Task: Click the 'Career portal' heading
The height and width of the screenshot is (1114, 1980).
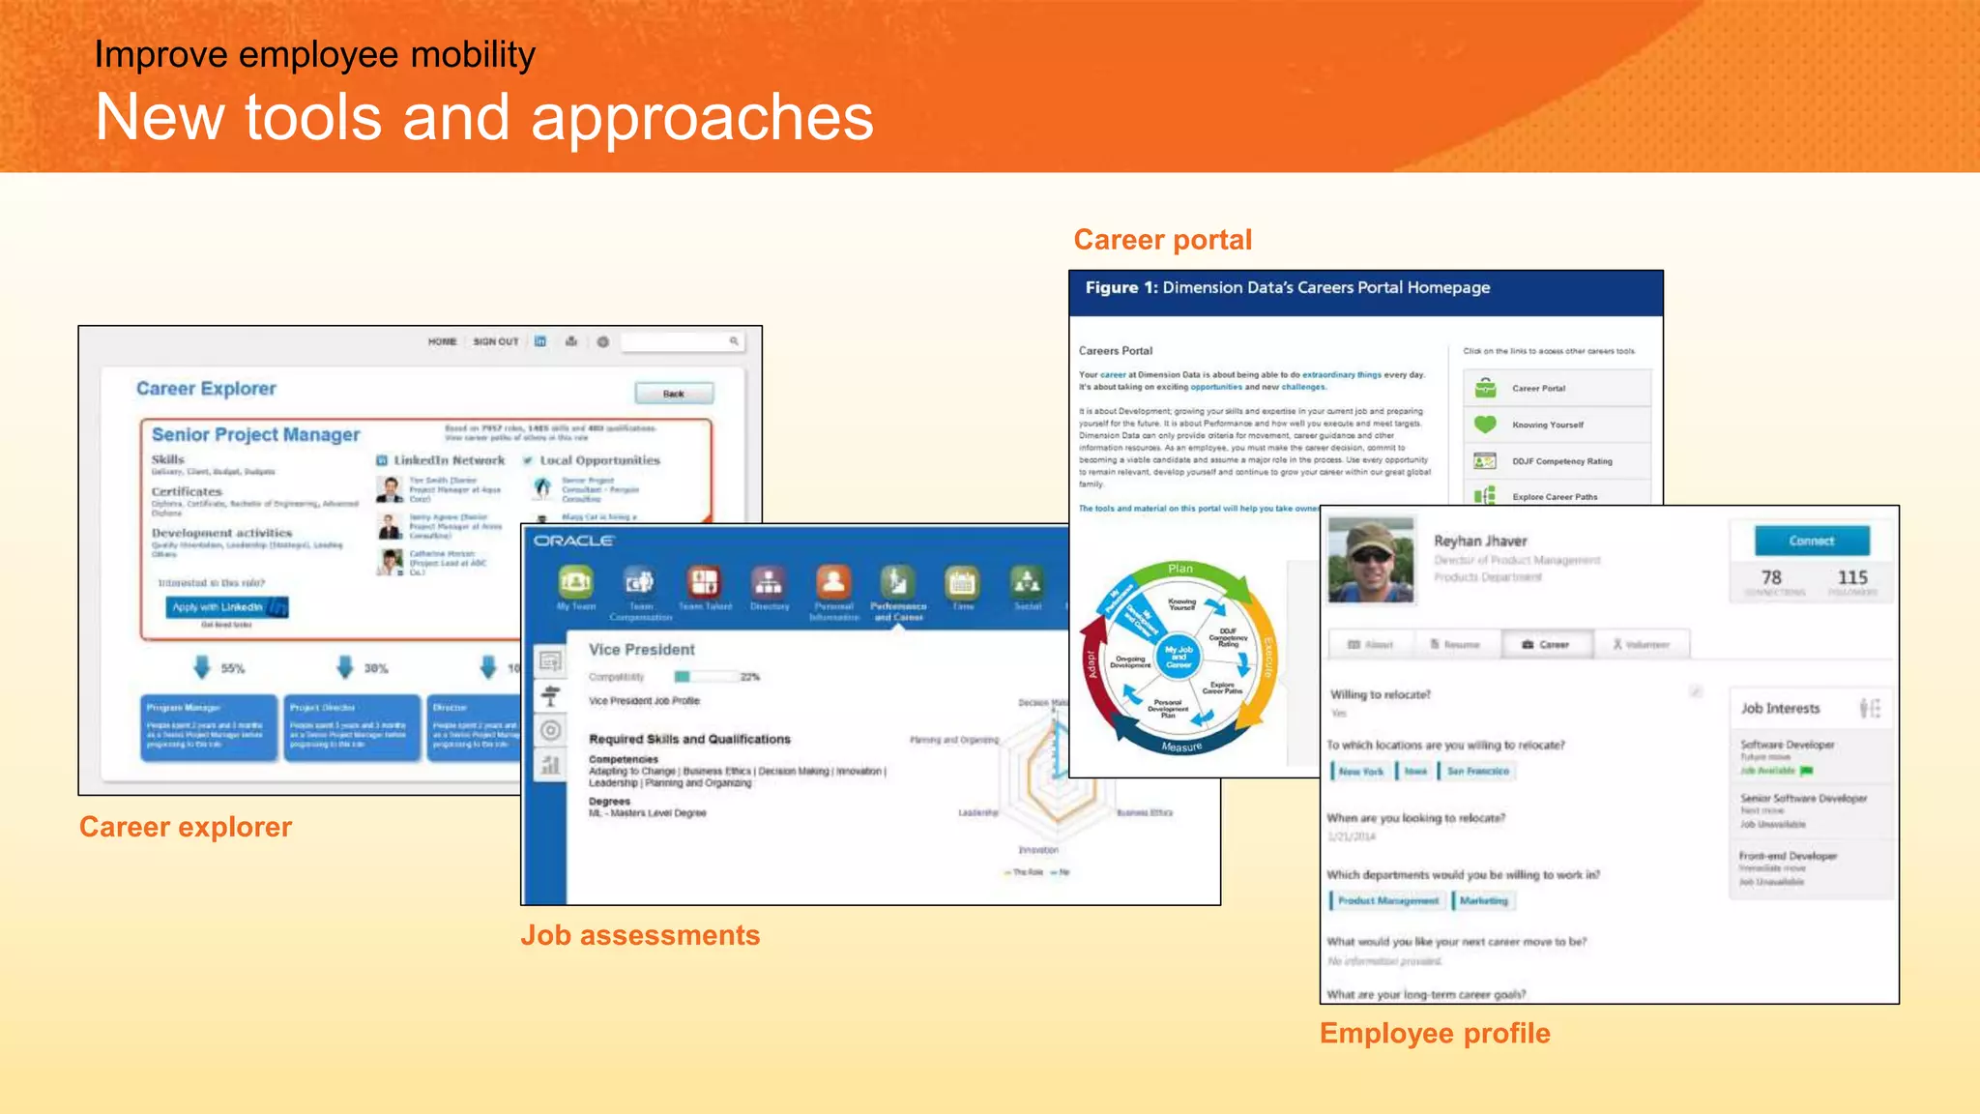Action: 1162,240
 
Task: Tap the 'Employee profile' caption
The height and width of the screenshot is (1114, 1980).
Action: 1434,1033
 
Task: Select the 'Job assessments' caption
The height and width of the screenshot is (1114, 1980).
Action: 640,935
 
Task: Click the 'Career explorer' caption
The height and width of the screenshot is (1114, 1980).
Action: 186,827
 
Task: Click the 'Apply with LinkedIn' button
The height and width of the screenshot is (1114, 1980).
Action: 227,607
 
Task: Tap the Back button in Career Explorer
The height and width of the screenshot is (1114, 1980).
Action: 674,394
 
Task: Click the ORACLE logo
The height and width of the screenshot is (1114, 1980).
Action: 574,541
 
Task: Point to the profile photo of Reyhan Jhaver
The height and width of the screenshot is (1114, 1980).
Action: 1371,561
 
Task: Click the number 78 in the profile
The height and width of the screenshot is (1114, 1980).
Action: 1770,577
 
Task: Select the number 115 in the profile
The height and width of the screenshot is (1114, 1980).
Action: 1851,577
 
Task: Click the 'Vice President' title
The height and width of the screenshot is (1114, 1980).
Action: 642,650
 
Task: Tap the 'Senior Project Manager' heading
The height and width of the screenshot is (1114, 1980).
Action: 255,435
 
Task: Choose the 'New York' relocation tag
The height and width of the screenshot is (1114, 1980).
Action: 1360,771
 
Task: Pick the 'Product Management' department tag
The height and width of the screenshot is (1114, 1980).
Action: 1387,900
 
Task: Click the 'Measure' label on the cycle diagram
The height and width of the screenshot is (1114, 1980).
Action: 1181,747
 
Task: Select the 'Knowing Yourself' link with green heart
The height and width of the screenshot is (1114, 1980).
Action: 1547,425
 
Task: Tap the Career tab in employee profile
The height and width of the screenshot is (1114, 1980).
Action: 1547,644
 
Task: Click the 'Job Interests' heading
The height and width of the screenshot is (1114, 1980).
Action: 1780,709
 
